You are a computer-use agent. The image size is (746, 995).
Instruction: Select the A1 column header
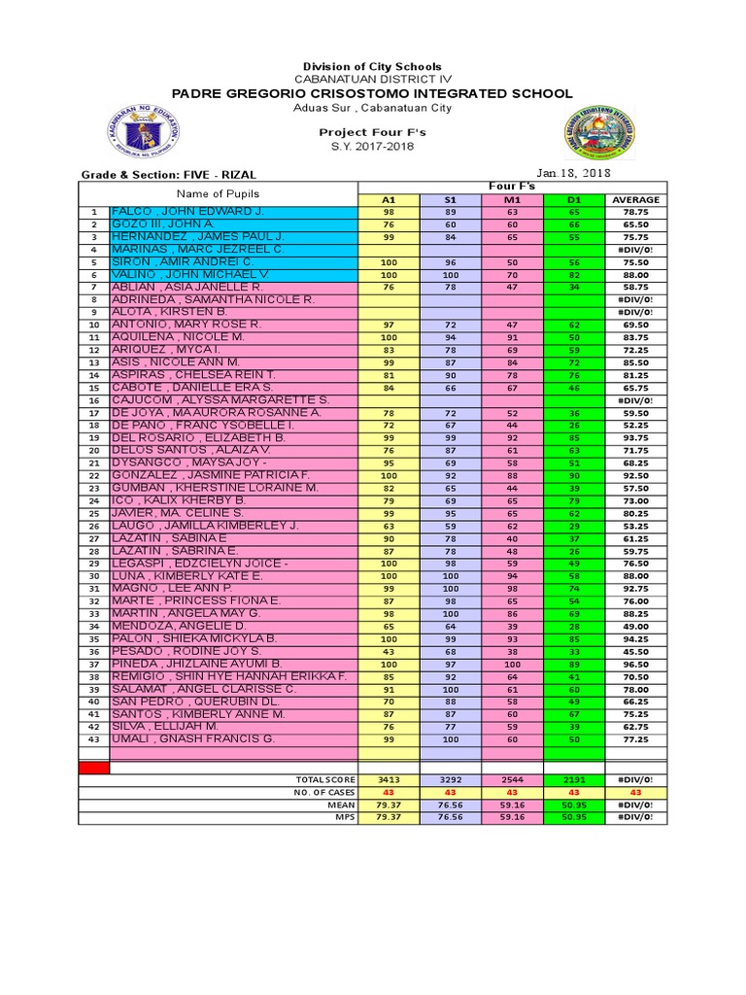click(x=390, y=199)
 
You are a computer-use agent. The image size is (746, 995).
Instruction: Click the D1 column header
click(x=574, y=199)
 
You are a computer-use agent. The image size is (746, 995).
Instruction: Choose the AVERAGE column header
click(x=636, y=199)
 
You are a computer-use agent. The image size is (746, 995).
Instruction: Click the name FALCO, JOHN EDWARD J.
click(x=187, y=211)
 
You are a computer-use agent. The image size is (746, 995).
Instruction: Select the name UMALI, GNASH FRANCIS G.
click(x=193, y=739)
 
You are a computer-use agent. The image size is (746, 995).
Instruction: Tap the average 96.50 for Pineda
click(x=636, y=665)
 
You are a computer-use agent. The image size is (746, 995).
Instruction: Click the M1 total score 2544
click(x=513, y=779)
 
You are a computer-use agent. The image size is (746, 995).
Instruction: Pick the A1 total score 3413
click(x=390, y=779)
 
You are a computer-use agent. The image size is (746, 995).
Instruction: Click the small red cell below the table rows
click(x=94, y=768)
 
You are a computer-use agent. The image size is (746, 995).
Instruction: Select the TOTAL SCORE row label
click(x=326, y=779)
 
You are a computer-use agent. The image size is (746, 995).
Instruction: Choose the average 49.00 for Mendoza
click(x=636, y=627)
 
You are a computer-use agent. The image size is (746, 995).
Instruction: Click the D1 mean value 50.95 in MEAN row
click(x=574, y=805)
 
